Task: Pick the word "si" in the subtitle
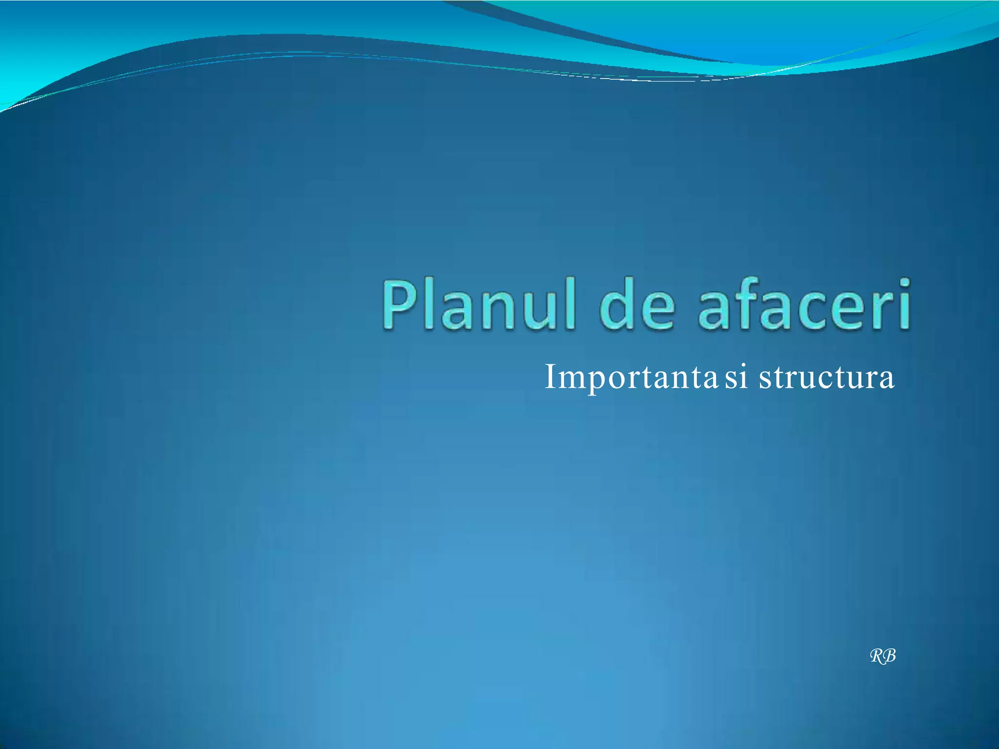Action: (x=736, y=378)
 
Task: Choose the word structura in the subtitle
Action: (x=826, y=378)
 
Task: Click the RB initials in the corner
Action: (x=883, y=656)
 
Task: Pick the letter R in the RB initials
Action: (x=878, y=656)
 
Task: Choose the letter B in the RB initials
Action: (x=889, y=656)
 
